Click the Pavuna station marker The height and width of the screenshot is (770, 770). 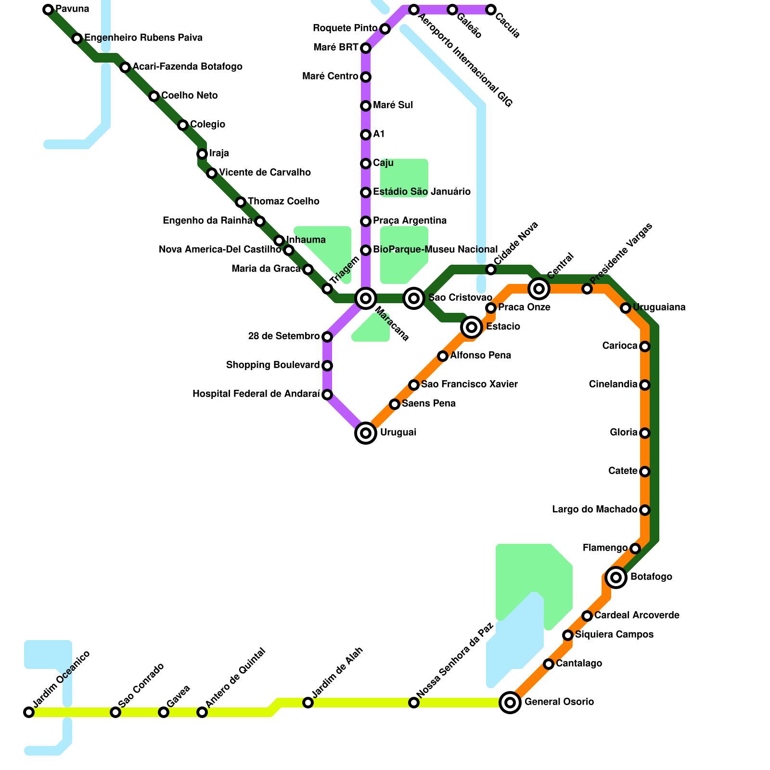[x=48, y=10]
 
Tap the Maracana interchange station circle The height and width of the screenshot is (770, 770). [x=366, y=298]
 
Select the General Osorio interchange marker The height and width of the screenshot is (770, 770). [x=510, y=703]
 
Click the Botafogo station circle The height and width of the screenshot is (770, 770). [x=616, y=577]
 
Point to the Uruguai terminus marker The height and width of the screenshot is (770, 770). [x=366, y=433]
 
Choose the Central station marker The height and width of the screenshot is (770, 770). [x=539, y=289]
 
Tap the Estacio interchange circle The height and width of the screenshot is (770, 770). [x=472, y=327]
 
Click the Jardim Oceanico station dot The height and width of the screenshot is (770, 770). [x=29, y=712]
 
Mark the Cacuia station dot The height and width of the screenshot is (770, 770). [x=490, y=10]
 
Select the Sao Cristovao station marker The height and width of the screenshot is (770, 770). [x=414, y=298]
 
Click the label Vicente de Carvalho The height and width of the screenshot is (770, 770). [x=265, y=173]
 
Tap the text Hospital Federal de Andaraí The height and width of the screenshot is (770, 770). [x=256, y=394]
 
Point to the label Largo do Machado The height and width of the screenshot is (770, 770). [x=594, y=510]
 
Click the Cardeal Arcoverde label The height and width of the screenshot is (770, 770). [x=637, y=616]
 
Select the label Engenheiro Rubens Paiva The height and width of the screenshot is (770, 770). [x=143, y=38]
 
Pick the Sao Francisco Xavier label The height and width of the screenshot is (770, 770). [x=469, y=385]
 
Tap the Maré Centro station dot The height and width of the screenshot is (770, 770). [x=366, y=77]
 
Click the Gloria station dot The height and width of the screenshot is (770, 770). [x=645, y=433]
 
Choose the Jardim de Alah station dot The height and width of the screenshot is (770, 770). [x=308, y=703]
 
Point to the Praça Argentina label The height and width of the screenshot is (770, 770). [x=410, y=221]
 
